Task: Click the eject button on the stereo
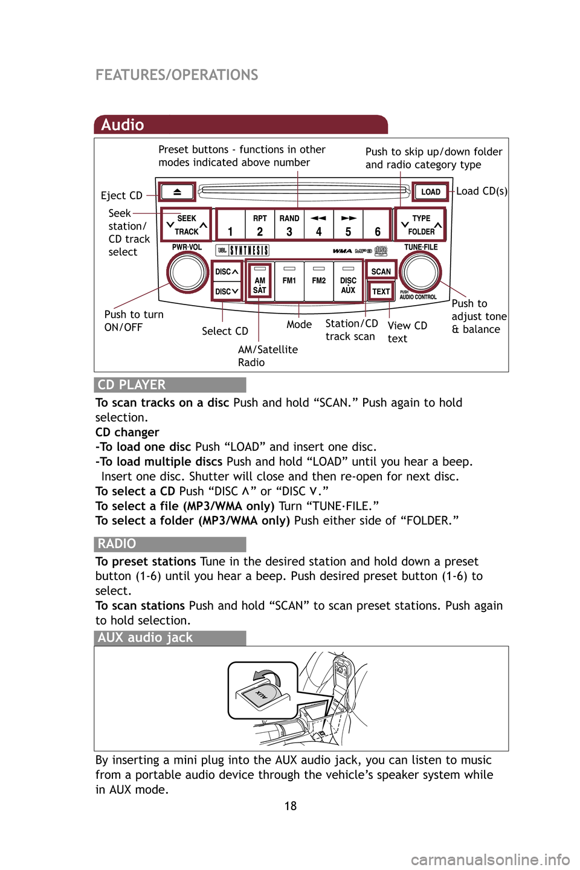(x=177, y=192)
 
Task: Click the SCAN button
(x=381, y=271)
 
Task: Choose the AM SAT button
(x=260, y=281)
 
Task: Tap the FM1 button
(x=289, y=281)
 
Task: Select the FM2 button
(x=319, y=281)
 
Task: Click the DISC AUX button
(x=348, y=281)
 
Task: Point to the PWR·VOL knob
(x=188, y=272)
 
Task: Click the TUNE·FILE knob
(x=420, y=272)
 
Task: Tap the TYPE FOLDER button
(x=421, y=225)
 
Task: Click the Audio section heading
(x=123, y=125)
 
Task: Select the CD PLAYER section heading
(x=132, y=385)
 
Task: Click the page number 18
(x=291, y=806)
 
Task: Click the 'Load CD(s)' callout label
(x=482, y=191)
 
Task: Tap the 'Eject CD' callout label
(x=121, y=195)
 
